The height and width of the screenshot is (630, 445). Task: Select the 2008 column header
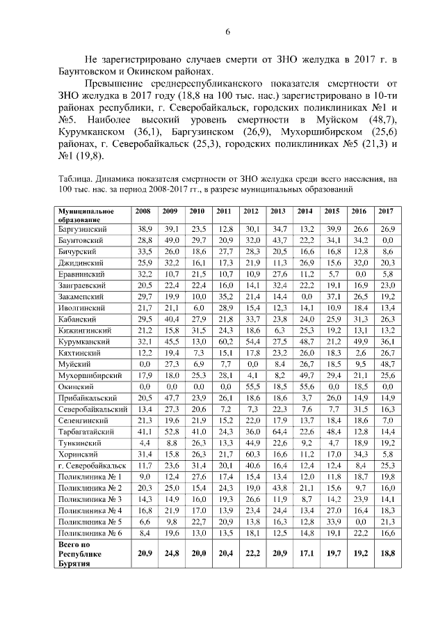pos(144,211)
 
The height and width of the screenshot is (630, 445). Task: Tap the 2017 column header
pos(385,211)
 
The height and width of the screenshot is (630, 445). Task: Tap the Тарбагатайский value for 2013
pos(279,432)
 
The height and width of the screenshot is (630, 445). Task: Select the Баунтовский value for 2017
pos(385,239)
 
